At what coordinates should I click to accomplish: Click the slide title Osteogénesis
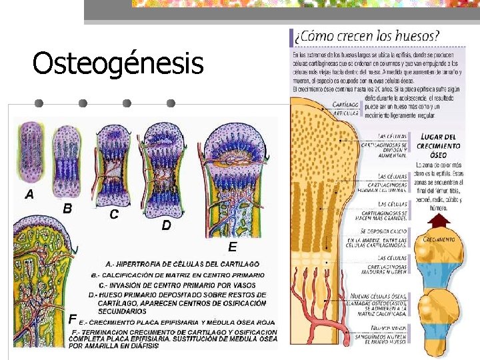(x=117, y=64)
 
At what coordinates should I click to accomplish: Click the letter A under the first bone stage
(x=29, y=195)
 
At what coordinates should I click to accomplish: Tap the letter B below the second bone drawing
(x=67, y=207)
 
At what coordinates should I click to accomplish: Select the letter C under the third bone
(x=114, y=215)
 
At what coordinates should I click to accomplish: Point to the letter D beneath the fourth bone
(x=166, y=226)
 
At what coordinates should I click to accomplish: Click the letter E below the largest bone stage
(x=232, y=247)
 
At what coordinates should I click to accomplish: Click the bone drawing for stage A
(x=30, y=152)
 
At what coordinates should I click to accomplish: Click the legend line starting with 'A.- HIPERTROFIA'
(x=183, y=264)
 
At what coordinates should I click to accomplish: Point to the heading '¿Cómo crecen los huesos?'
(x=367, y=36)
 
